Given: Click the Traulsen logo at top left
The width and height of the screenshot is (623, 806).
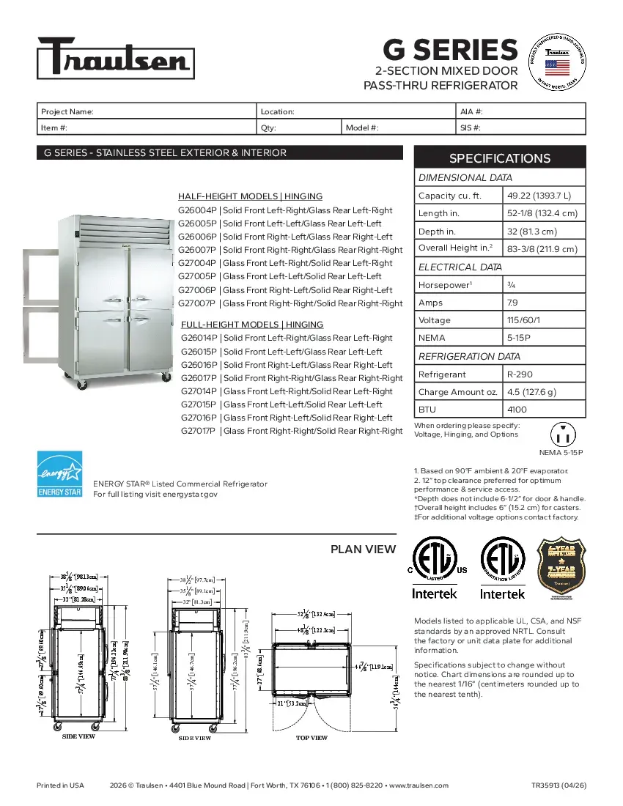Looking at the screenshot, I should [116, 58].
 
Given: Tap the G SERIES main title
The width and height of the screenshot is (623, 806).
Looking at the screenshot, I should [450, 50].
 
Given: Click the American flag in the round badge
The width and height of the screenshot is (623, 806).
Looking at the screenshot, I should [557, 68].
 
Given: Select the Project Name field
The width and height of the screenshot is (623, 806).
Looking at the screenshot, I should [147, 111].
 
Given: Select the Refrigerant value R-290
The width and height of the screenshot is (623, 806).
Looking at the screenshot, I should [521, 374].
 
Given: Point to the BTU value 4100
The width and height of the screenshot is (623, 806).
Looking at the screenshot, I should [517, 409].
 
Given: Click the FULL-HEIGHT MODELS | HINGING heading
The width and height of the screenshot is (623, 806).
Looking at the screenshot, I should [251, 325].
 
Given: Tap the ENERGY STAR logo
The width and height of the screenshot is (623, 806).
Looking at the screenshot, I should [59, 474].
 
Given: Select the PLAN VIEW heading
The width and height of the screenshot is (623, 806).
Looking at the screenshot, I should [363, 549].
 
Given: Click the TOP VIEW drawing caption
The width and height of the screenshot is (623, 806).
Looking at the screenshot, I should [311, 738].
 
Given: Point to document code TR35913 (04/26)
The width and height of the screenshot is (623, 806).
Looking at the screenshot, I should [559, 785].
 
